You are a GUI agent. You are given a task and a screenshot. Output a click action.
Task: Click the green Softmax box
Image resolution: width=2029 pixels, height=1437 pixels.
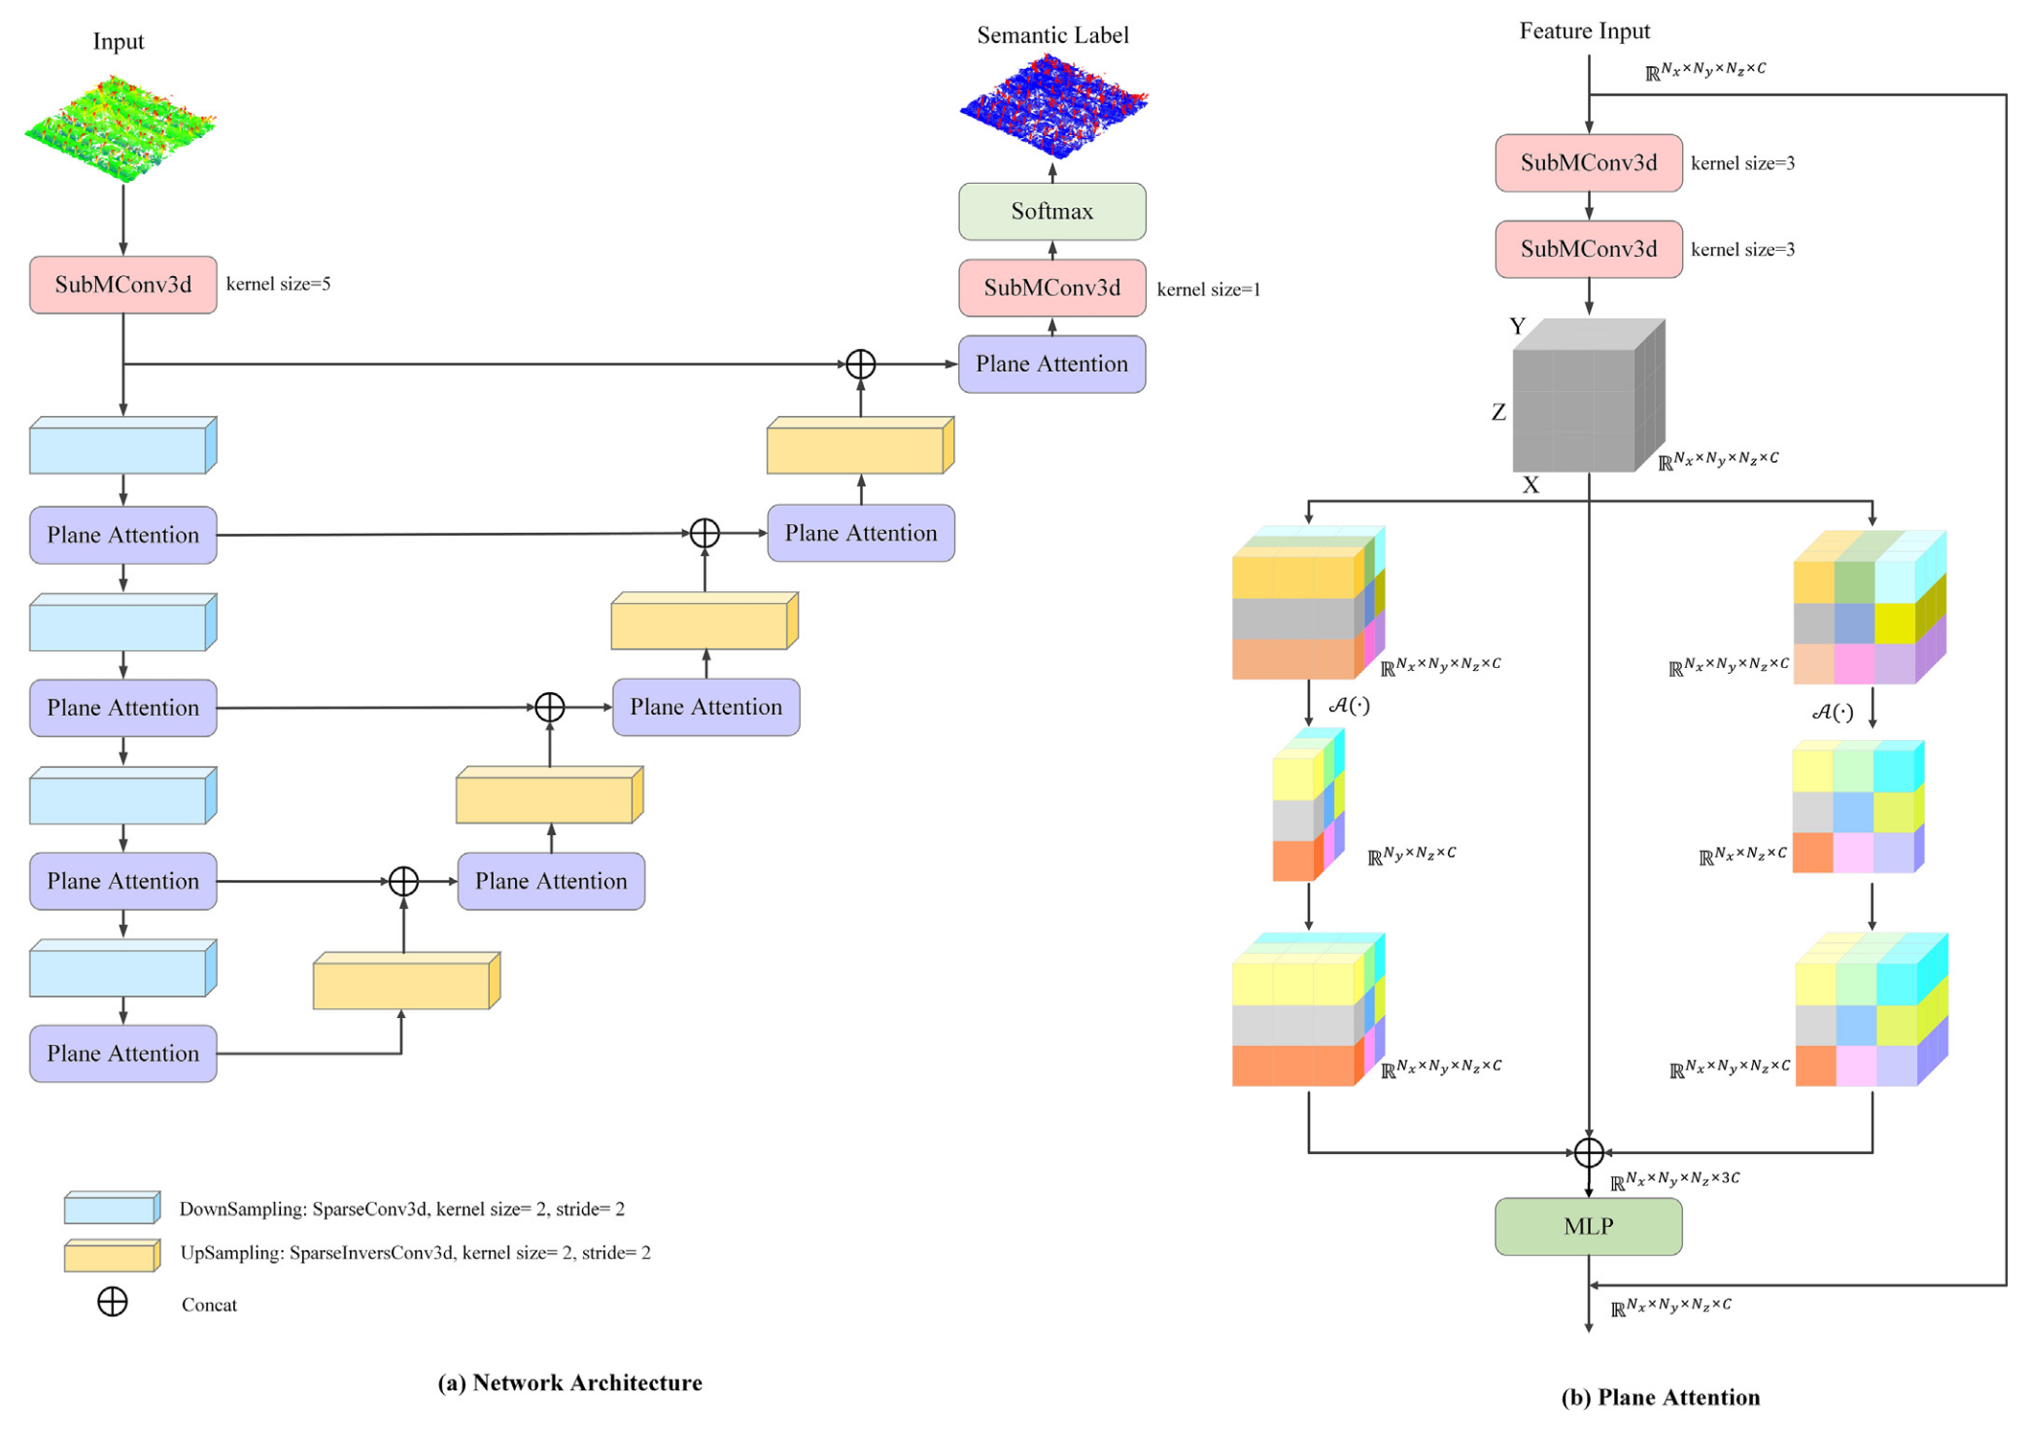(1051, 211)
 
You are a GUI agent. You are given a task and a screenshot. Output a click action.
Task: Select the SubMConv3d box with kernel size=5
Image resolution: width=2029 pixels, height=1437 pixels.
(122, 285)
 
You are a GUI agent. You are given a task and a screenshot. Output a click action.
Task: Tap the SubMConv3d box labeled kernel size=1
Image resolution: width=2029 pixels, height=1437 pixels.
(1051, 288)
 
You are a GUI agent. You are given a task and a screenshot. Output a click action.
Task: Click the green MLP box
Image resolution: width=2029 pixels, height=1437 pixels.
(1588, 1226)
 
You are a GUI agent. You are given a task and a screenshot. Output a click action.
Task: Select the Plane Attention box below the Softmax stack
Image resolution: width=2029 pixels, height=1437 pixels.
(1051, 364)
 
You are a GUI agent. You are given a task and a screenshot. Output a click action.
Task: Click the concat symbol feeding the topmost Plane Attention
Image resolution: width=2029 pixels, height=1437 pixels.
(860, 365)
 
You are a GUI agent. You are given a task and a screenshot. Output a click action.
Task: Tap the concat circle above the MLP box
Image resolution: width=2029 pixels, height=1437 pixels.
(1588, 1152)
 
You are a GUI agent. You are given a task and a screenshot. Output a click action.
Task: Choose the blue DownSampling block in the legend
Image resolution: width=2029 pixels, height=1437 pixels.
(112, 1208)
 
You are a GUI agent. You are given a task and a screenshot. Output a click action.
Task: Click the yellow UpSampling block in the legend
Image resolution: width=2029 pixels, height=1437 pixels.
(112, 1255)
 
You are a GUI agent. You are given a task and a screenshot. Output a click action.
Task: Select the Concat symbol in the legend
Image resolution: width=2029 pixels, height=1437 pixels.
(113, 1302)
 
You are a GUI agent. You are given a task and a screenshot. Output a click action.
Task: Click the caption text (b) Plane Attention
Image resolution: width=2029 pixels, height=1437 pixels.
(1660, 1397)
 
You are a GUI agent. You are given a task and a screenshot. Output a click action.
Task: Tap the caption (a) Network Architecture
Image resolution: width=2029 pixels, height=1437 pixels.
(569, 1383)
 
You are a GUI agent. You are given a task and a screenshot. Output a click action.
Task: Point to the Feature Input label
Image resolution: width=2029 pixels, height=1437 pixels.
(1584, 31)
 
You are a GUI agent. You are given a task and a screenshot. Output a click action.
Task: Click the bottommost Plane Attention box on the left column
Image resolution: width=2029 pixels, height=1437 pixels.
(122, 1053)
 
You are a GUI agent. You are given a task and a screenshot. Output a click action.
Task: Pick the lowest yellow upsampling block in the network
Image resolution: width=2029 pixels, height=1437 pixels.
(405, 982)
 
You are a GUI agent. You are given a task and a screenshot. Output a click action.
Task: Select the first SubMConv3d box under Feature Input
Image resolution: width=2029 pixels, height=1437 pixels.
(1588, 163)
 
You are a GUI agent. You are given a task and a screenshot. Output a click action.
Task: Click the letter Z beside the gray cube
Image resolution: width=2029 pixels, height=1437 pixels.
(1498, 412)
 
